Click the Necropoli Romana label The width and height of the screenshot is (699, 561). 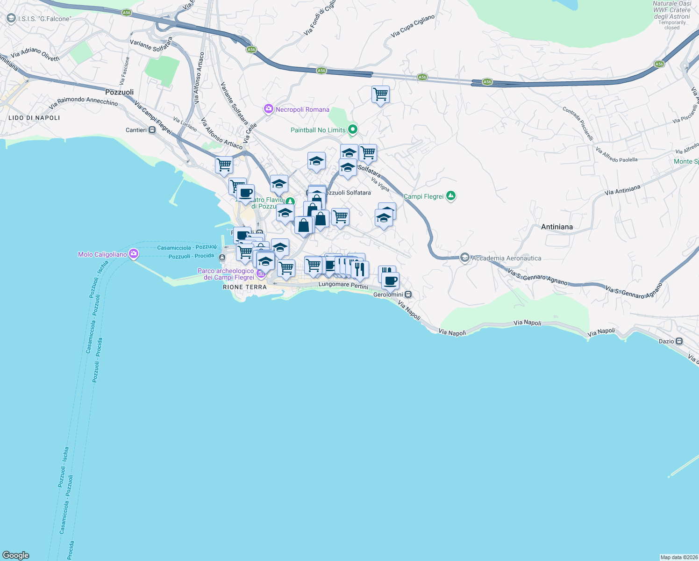[x=302, y=109]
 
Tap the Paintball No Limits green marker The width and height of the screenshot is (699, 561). [x=353, y=129]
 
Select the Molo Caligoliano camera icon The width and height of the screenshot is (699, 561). [x=134, y=254]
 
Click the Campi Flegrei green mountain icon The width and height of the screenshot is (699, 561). [x=450, y=196]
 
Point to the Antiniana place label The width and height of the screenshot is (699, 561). [x=556, y=227]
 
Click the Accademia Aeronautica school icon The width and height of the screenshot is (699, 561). [x=464, y=258]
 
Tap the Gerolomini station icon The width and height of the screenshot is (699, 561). [x=408, y=295]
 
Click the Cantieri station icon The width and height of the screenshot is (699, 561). [x=152, y=130]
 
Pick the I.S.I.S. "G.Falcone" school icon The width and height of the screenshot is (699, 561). [x=11, y=18]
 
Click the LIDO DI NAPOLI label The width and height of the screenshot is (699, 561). [x=34, y=118]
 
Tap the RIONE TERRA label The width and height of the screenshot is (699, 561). [x=245, y=287]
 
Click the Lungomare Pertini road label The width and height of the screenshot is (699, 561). [x=343, y=285]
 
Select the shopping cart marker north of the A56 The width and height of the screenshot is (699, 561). [x=380, y=94]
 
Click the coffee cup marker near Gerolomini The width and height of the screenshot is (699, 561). [x=390, y=281]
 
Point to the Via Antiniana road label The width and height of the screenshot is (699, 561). [x=622, y=190]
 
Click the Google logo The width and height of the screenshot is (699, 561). [x=16, y=555]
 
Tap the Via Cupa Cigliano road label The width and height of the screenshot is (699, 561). [x=413, y=26]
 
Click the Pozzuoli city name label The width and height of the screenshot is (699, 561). [x=119, y=92]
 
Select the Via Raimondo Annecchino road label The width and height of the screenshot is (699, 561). [x=83, y=101]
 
